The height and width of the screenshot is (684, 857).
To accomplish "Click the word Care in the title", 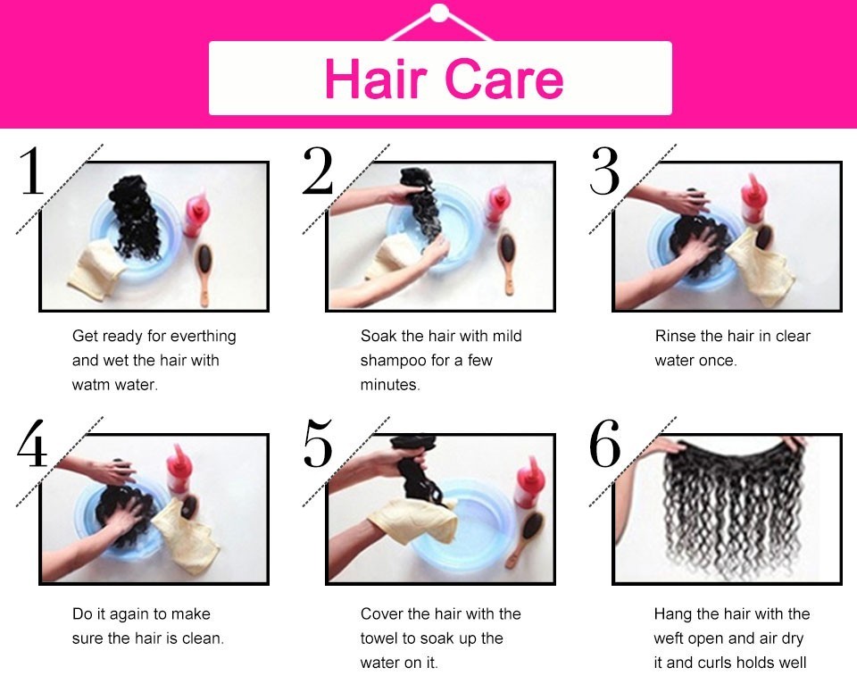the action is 503,79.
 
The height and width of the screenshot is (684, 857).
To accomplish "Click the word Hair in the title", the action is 375,79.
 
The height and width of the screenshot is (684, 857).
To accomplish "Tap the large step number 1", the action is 32,171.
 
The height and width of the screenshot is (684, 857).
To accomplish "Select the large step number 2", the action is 318,171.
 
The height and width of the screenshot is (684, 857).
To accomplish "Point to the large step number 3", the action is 604,171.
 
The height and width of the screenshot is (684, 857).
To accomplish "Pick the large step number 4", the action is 32,444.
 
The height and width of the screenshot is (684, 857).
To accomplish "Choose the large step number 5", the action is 318,444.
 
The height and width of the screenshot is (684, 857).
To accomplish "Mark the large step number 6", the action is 605,444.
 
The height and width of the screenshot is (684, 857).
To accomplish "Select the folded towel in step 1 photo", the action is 96,269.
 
